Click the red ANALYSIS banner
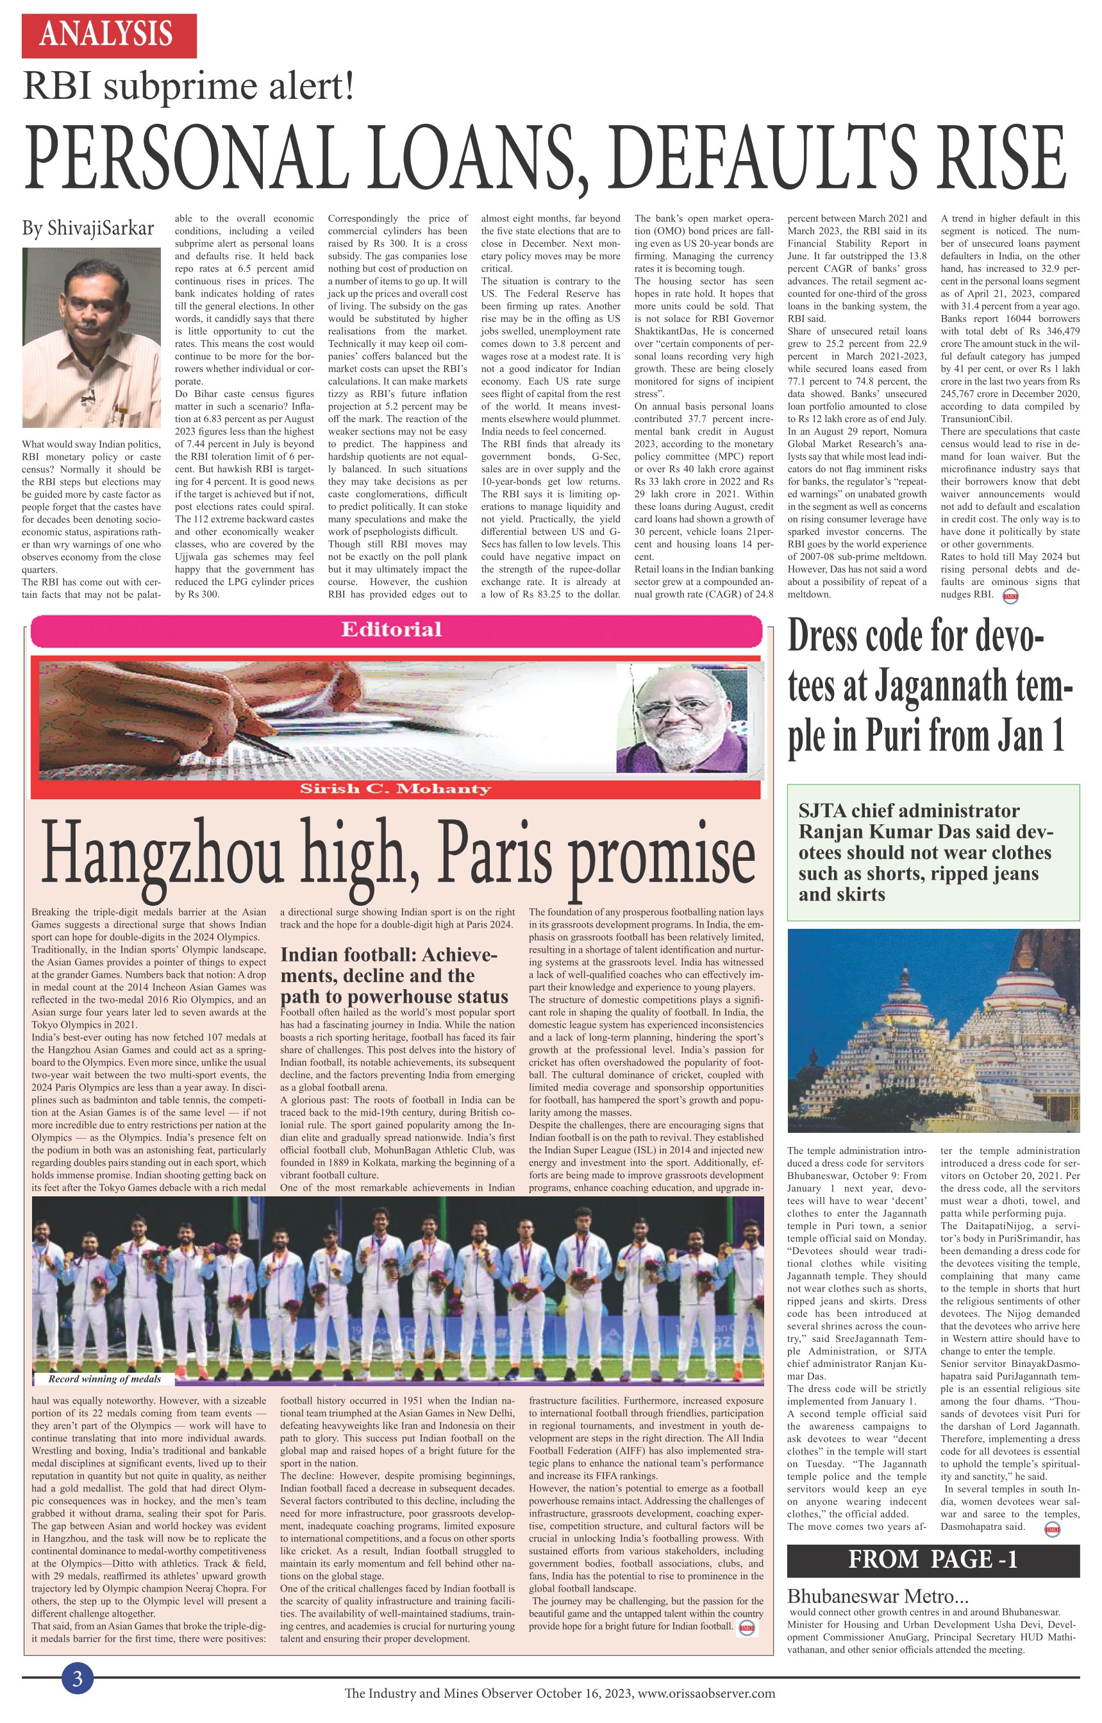tap(109, 35)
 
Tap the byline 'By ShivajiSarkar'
tap(88, 228)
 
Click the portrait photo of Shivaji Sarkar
tap(92, 338)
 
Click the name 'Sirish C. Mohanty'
tap(396, 789)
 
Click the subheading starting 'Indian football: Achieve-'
tap(394, 976)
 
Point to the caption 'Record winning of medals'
tap(104, 1378)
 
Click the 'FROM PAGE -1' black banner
tap(932, 1559)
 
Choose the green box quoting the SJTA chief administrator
tap(932, 853)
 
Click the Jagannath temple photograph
tap(932, 1031)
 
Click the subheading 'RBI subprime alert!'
tap(189, 87)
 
